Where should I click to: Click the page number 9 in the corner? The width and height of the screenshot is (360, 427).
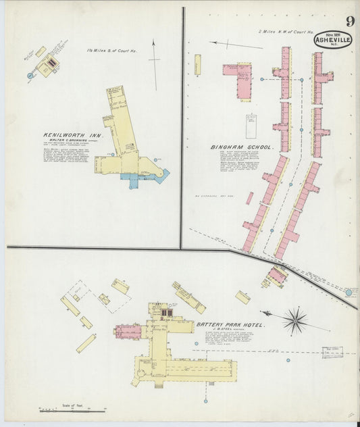349,21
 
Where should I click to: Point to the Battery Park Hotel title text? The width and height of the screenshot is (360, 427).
229,325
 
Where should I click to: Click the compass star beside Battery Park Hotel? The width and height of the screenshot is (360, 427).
294,320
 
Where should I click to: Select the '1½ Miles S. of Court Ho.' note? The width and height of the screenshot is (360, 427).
111,51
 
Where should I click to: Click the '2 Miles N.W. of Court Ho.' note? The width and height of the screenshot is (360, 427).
286,32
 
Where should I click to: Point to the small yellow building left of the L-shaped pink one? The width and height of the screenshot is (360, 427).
198,65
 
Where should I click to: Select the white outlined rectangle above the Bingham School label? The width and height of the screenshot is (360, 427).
251,126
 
